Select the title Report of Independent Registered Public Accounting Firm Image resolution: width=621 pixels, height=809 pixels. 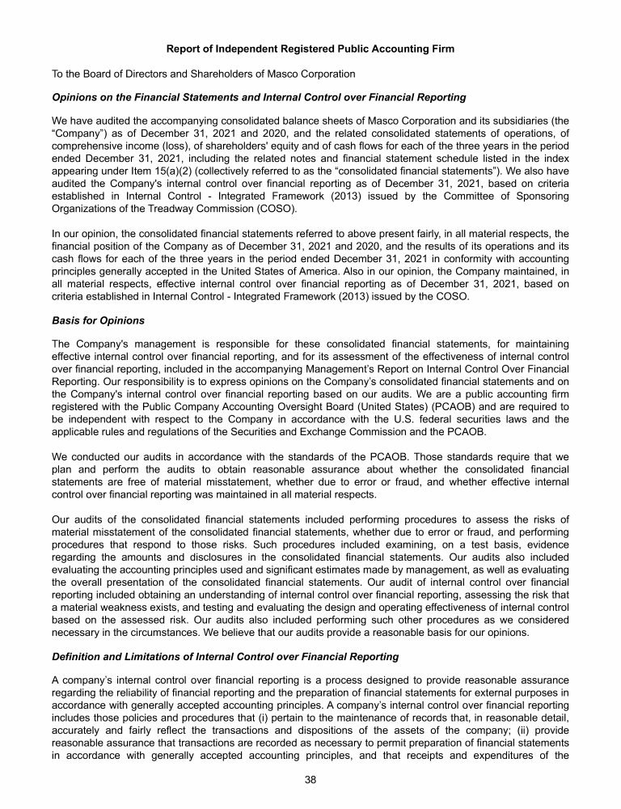[310, 49]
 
